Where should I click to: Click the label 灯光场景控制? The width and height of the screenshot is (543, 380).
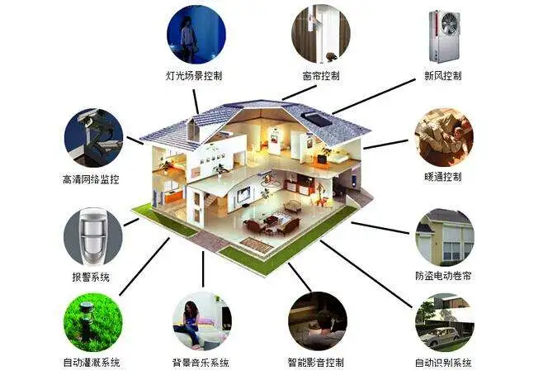pos(194,75)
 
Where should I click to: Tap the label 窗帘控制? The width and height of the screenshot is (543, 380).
pos(321,75)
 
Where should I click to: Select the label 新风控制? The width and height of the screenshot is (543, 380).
pos(443,75)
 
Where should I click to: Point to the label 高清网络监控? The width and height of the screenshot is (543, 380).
pos(91,179)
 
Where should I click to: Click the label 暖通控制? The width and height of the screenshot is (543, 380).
pos(443,177)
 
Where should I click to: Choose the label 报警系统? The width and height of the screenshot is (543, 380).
pos(91,277)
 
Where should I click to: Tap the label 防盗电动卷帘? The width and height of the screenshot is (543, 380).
pos(444,276)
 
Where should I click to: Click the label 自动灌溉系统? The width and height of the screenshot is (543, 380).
pos(92,363)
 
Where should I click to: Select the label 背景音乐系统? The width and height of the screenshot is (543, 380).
pos(201,363)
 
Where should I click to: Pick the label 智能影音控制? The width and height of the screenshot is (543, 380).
pos(316,363)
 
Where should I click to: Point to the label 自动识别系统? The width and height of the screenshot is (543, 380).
pos(444,363)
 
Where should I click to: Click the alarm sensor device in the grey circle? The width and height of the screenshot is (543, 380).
pos(92,235)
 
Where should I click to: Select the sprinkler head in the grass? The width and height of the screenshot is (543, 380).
pos(86,321)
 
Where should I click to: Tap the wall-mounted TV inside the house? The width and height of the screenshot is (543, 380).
pos(243,194)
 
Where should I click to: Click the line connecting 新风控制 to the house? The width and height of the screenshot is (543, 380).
pos(374,97)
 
